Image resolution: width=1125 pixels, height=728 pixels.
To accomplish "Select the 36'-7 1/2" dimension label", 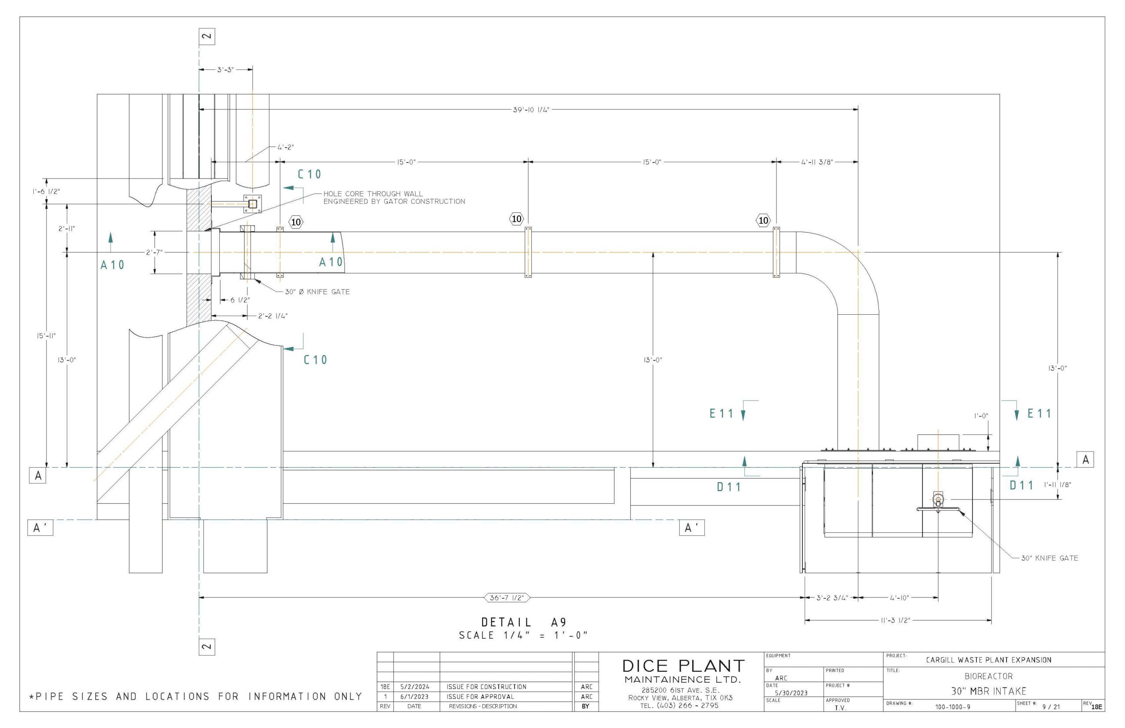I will [x=507, y=597].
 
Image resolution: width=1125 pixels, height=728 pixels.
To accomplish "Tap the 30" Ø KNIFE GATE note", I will [x=317, y=291].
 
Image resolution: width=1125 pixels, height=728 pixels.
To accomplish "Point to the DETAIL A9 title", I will [x=523, y=622].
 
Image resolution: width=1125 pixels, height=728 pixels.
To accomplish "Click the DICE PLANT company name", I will [x=683, y=666].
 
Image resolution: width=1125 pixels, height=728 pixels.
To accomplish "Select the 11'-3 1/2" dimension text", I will [x=895, y=620].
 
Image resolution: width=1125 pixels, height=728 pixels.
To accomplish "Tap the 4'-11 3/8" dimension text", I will [x=817, y=162].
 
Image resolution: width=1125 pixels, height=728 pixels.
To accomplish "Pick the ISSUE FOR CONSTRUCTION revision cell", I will [x=486, y=686].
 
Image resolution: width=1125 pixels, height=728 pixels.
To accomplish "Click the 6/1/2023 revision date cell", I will [x=414, y=696].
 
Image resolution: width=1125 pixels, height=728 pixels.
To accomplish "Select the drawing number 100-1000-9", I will [x=953, y=707].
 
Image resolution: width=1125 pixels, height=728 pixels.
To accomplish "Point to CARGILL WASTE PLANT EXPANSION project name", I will [x=988, y=660].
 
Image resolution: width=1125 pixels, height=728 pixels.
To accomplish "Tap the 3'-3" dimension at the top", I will [x=225, y=70].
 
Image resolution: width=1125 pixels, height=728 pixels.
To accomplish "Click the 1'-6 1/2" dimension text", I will [x=46, y=192].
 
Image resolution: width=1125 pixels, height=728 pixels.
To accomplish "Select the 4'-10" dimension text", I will [x=899, y=597].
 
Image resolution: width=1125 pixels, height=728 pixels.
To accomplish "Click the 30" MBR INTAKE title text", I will [x=988, y=691].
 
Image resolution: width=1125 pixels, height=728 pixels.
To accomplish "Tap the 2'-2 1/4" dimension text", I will [x=272, y=316].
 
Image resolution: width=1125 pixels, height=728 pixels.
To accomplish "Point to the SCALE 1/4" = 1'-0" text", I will [x=523, y=635].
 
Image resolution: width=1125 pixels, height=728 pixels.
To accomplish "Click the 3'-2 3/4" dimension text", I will [x=832, y=597].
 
